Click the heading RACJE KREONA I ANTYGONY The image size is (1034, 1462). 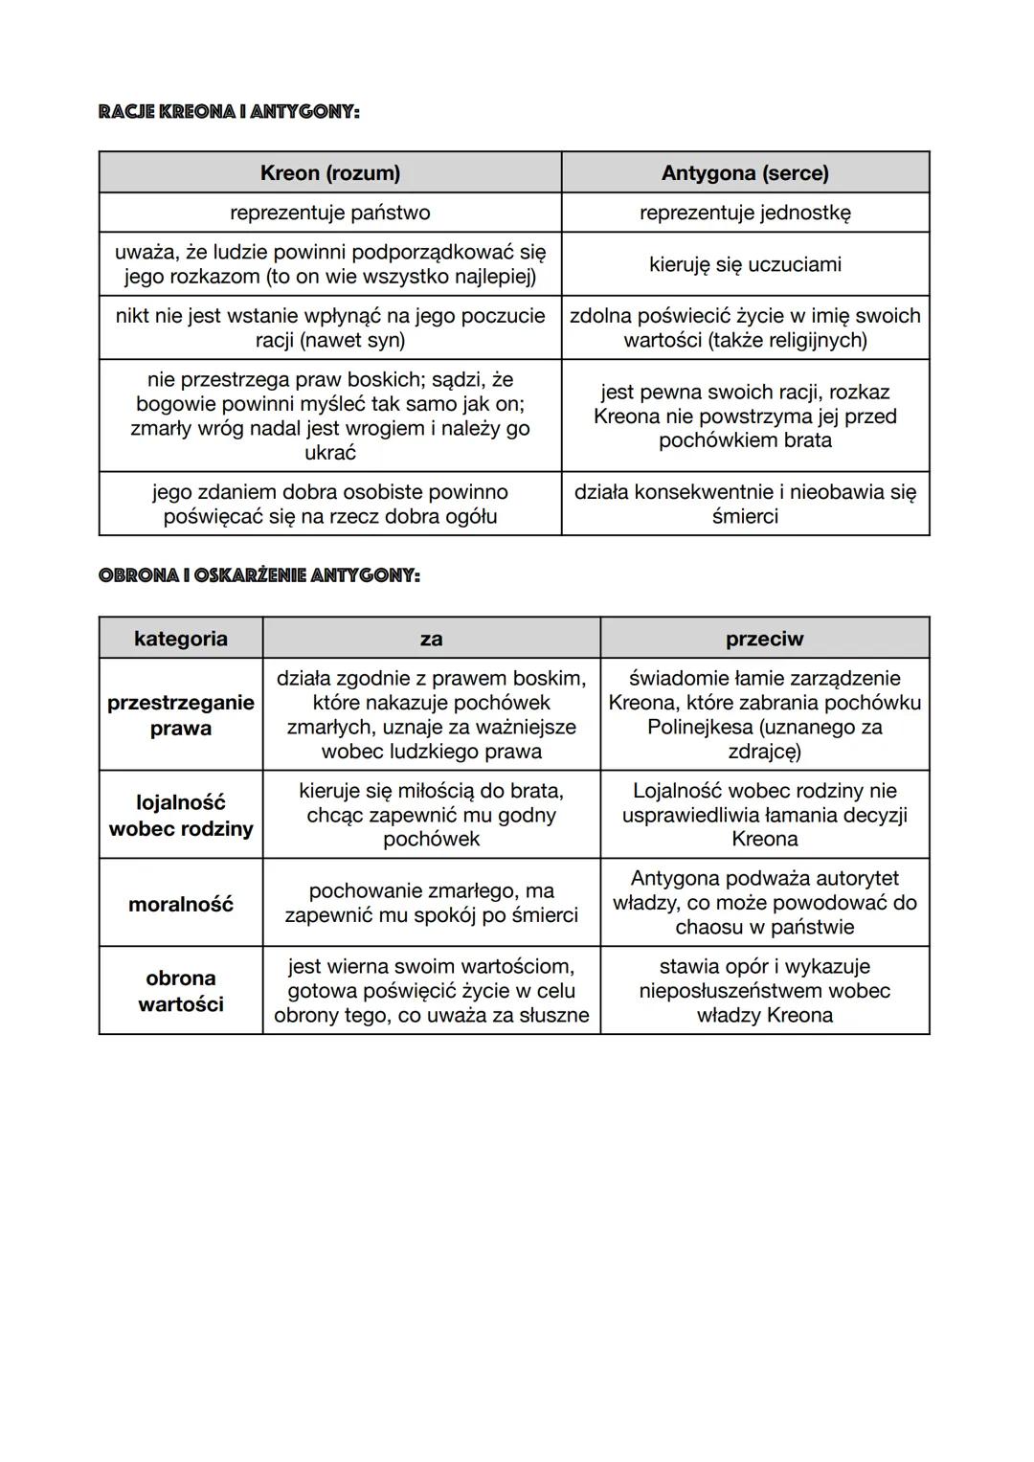pos(229,112)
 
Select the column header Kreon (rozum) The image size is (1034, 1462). pos(330,173)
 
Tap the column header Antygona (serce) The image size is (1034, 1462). pos(745,173)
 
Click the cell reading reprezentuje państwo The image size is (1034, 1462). pos(330,213)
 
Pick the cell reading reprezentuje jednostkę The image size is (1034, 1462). pos(745,213)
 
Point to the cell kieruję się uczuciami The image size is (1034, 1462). pos(745,264)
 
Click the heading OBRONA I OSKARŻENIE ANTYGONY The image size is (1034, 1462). pos(259,575)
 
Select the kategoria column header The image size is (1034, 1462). pos(181,639)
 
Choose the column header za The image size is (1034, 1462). pos(432,639)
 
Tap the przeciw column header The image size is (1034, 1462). pos(764,639)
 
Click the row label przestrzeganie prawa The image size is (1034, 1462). pos(181,715)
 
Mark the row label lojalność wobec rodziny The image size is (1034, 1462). pos(181,815)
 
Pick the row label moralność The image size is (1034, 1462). pos(181,904)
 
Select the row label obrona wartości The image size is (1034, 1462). pos(181,991)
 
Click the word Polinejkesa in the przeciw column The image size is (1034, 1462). pos(698,728)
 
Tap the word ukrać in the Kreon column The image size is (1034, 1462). pos(330,453)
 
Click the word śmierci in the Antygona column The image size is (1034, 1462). pos(745,517)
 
